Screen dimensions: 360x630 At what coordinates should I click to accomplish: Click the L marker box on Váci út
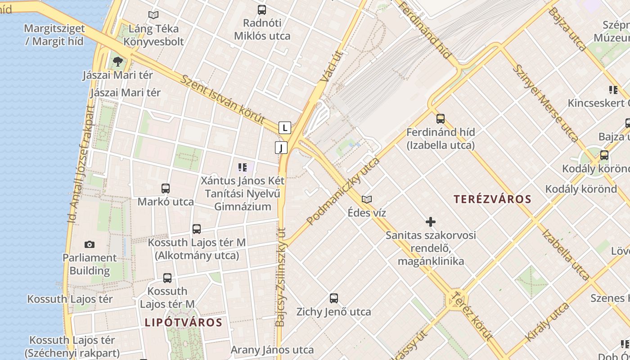coord(284,128)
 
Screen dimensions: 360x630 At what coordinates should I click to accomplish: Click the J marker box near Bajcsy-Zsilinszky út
coord(281,148)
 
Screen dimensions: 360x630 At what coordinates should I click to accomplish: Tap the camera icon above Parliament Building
coord(90,244)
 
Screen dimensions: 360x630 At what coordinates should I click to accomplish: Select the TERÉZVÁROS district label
coord(492,199)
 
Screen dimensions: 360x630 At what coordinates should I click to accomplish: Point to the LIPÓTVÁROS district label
coord(184,322)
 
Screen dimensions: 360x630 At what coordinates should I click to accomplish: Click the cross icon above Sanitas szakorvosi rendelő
coord(431,222)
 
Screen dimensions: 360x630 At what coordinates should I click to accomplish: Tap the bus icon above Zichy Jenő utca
coord(333,298)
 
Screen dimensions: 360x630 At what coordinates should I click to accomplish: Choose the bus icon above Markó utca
coord(166,188)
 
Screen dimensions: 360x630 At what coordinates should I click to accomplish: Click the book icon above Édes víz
coord(367,199)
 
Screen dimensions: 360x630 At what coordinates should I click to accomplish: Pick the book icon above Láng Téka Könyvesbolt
coord(153,15)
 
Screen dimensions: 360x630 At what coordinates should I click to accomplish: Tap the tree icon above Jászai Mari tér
coord(118,61)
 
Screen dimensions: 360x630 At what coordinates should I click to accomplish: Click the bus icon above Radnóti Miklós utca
coord(261,9)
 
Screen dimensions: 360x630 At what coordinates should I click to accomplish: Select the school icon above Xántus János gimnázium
coord(243,168)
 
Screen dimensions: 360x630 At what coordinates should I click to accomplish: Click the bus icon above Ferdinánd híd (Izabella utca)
coord(440,119)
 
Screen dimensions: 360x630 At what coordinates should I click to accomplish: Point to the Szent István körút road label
coord(223,100)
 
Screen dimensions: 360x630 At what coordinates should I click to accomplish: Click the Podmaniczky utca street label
coord(343,191)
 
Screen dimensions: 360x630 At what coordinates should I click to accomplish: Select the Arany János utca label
coord(272,350)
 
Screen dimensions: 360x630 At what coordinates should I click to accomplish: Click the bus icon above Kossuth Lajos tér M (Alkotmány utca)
coord(197,229)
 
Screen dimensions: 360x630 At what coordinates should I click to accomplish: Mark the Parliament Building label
coord(90,264)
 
